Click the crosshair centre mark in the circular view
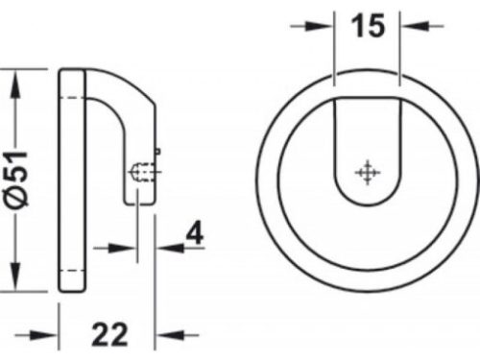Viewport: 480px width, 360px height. coord(365,173)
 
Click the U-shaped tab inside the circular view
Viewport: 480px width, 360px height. coord(365,144)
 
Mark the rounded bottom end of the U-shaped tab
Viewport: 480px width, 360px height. coord(365,197)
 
